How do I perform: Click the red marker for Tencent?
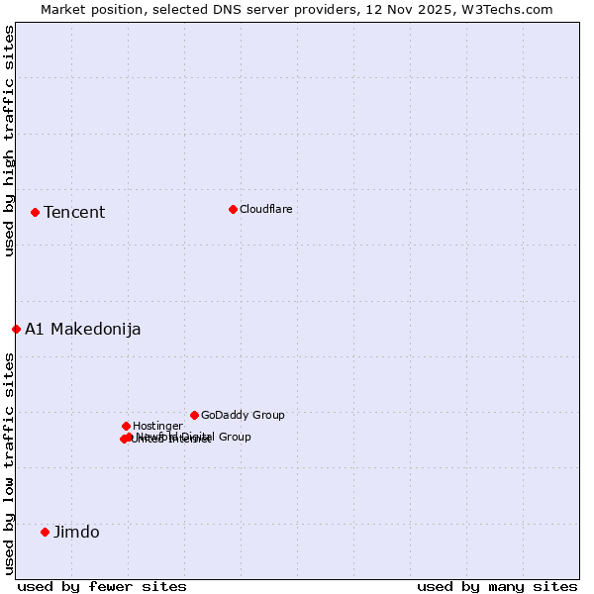(35, 212)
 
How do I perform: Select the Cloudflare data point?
(233, 209)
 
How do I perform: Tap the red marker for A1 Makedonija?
(16, 329)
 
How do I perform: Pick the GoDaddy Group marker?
(194, 415)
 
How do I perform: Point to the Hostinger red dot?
(126, 426)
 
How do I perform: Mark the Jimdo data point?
(45, 532)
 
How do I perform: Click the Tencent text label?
(74, 212)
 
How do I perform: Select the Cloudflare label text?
(266, 209)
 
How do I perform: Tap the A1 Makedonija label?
(83, 329)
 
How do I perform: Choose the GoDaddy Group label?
(243, 415)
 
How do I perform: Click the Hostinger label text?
(158, 426)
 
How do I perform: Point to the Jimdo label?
(76, 532)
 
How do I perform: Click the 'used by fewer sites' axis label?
(102, 586)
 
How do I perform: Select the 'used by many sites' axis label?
(497, 586)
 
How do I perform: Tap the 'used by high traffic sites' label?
(9, 141)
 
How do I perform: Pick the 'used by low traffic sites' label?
(9, 463)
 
